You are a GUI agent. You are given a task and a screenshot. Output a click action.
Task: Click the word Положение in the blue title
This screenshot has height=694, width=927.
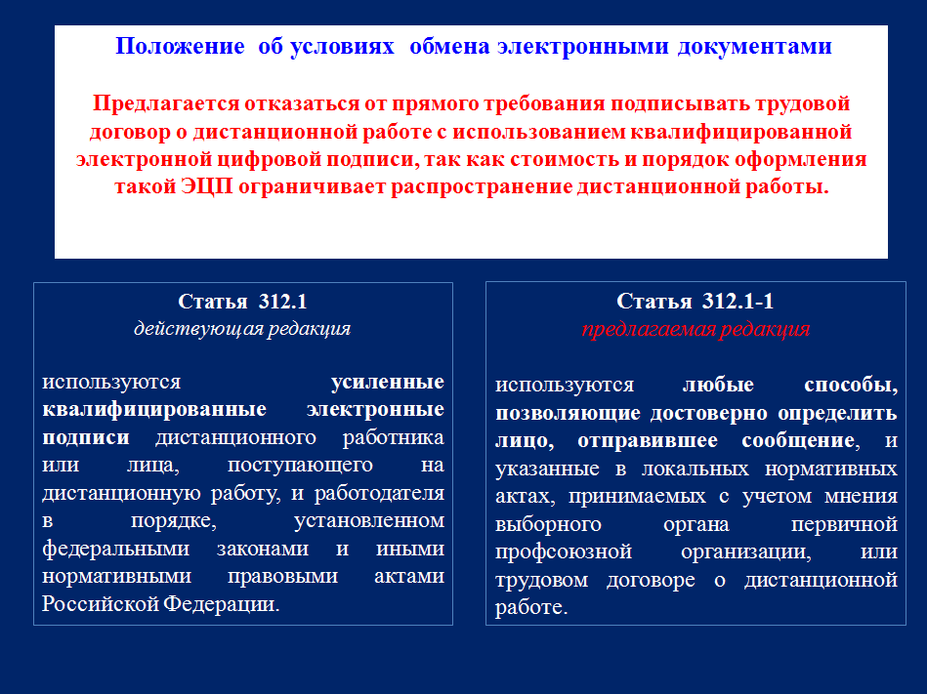[180, 46]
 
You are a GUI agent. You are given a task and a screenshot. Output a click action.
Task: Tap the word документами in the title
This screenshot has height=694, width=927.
[755, 47]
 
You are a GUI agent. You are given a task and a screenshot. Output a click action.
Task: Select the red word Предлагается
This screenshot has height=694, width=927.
[166, 103]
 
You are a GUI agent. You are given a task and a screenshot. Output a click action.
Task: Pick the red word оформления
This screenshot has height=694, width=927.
[800, 159]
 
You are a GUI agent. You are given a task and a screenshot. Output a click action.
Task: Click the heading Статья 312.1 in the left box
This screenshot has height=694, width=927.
[243, 302]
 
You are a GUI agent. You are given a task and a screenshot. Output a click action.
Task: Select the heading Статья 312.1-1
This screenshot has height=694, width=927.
[695, 302]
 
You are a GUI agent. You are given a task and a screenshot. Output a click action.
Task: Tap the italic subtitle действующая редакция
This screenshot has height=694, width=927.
[242, 328]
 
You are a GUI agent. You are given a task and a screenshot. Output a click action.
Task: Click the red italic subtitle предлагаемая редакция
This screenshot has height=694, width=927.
[695, 328]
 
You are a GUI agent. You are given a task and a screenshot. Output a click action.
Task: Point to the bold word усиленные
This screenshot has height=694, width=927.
[388, 382]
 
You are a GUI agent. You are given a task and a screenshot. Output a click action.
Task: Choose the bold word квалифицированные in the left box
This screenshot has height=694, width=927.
[154, 409]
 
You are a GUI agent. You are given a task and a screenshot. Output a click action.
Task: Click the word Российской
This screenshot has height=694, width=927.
[100, 603]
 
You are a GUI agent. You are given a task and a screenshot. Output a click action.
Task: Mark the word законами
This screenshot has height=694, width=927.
[263, 549]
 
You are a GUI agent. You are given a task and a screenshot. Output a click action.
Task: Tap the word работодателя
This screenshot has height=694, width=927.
[379, 493]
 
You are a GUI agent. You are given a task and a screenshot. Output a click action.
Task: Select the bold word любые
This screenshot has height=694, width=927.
[718, 385]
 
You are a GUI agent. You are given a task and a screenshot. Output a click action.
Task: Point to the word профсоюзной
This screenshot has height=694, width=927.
[564, 551]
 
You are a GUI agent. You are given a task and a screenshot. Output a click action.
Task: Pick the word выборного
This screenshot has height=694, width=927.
[549, 524]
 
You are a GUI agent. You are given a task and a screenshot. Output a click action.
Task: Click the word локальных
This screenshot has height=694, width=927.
[695, 469]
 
